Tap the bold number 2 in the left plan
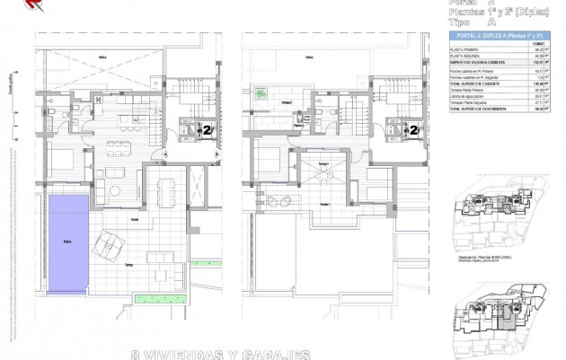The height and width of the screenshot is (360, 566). tap(208, 129)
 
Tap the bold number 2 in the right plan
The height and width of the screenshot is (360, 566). tap(413, 129)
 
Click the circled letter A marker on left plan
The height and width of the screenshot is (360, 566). tap(164, 153)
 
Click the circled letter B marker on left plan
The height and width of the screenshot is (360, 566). tap(215, 153)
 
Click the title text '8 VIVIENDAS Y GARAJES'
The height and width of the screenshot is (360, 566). tap(220, 353)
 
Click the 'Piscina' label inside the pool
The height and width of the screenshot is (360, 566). tap(67, 241)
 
